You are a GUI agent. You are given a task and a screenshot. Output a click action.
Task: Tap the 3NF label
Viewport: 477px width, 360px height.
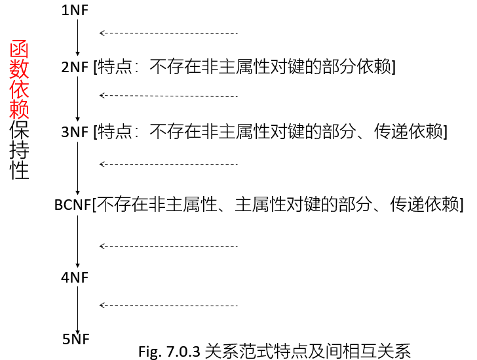click(75, 132)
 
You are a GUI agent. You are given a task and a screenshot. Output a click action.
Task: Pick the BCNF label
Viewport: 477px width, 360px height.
click(73, 205)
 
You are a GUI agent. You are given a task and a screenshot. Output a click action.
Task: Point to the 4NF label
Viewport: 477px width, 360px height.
click(75, 277)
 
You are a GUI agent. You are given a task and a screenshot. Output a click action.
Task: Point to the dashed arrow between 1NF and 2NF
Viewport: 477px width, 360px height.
click(168, 33)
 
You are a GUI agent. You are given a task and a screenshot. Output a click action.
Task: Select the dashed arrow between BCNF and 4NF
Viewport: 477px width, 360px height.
click(168, 246)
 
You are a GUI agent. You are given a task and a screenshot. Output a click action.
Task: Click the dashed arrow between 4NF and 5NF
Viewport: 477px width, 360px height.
click(168, 305)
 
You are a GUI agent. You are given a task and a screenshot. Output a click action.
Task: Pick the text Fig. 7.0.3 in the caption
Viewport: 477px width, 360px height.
click(169, 351)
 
